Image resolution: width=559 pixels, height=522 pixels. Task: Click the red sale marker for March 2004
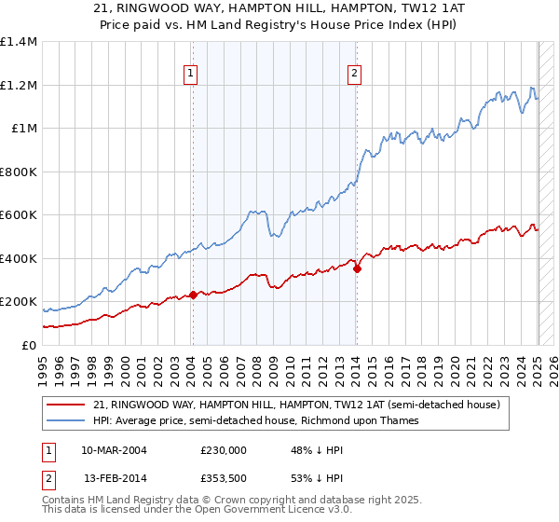click(x=193, y=295)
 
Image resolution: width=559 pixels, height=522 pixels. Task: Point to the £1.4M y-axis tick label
click(x=20, y=42)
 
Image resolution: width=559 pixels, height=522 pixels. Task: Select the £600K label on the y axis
click(x=20, y=215)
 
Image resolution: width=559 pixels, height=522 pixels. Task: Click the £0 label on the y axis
click(x=29, y=345)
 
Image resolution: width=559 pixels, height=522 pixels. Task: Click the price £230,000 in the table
click(x=223, y=449)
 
